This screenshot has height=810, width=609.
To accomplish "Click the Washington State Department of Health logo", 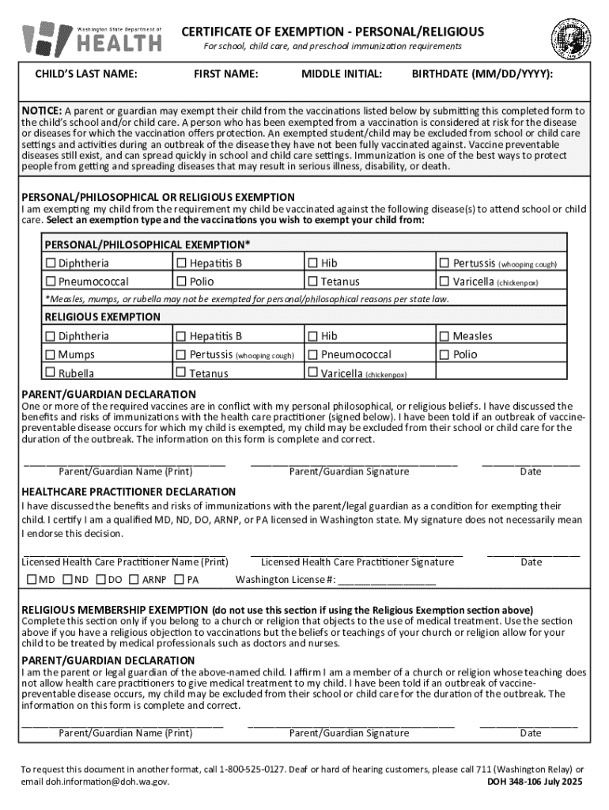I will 92,37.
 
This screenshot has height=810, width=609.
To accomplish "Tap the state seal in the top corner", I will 570,38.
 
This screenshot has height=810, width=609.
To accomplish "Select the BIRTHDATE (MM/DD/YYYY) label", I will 482,74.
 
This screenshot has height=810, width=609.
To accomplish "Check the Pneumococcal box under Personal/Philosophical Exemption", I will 51,282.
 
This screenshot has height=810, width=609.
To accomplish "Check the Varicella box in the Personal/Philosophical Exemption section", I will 444,282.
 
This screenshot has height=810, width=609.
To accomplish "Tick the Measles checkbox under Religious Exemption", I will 444,336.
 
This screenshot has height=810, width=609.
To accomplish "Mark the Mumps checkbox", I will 51,354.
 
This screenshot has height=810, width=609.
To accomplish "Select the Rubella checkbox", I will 51,373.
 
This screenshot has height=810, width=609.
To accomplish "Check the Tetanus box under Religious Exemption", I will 182,373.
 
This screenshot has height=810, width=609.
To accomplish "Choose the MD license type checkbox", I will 32,580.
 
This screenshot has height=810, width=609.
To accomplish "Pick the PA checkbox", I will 180,580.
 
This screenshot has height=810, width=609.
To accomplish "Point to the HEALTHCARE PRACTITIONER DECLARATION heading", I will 128,492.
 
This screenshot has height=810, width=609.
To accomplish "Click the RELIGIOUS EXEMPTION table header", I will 102,317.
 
